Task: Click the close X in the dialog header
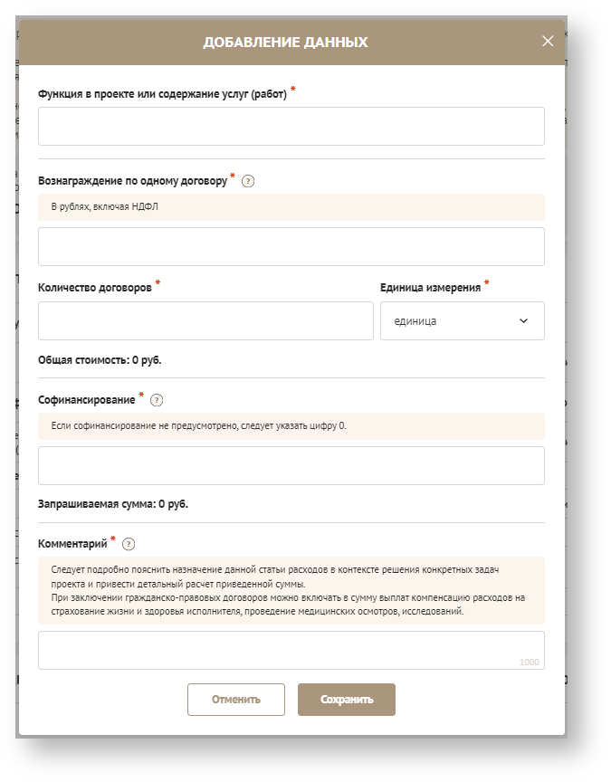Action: [548, 41]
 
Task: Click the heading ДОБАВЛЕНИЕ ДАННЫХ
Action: [285, 42]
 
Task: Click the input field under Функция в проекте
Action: [291, 127]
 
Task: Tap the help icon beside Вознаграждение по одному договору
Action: [248, 181]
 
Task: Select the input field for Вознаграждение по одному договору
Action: [291, 246]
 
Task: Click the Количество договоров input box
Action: [205, 320]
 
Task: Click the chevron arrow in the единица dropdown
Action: [523, 320]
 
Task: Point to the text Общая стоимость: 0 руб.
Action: [100, 359]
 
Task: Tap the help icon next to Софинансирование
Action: [157, 400]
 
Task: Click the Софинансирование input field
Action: [291, 465]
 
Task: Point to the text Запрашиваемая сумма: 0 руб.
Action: [112, 503]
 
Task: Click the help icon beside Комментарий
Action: [129, 544]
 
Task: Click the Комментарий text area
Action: [291, 649]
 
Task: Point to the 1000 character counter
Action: [530, 663]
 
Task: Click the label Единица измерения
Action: [430, 286]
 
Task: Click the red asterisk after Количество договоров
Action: [158, 283]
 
